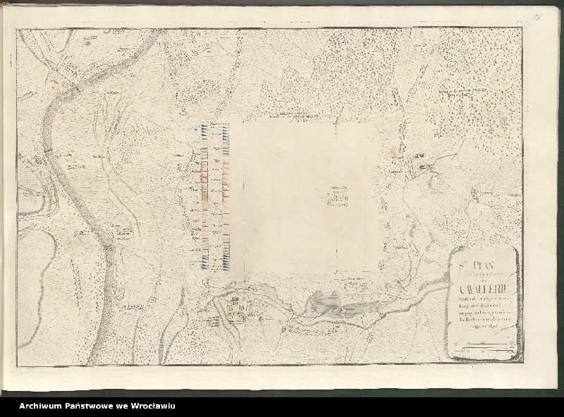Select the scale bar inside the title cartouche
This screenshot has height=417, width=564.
(x=483, y=345)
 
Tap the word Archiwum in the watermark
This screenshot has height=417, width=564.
(x=44, y=406)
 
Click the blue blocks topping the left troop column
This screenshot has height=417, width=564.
(x=204, y=130)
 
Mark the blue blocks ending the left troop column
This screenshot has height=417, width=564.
(x=204, y=265)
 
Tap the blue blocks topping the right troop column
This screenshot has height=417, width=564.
(x=225, y=130)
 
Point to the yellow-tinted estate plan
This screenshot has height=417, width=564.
(x=236, y=306)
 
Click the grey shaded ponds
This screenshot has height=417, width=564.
(x=338, y=305)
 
